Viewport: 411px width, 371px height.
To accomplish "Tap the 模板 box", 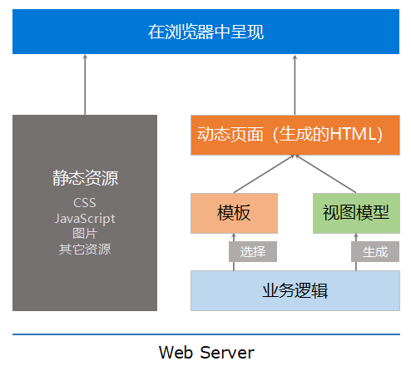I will pyautogui.click(x=235, y=213).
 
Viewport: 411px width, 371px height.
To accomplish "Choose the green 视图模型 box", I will pyautogui.click(x=355, y=213).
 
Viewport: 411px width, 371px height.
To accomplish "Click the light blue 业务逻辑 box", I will pyautogui.click(x=295, y=290).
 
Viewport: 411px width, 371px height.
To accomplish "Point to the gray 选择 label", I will pyautogui.click(x=253, y=252).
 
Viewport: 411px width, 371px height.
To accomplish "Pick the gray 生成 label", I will pyautogui.click(x=375, y=252).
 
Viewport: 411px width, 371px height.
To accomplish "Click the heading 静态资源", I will pyautogui.click(x=85, y=178).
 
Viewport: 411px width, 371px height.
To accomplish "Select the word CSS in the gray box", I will pyautogui.click(x=85, y=203).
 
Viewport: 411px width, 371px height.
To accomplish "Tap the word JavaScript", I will pyautogui.click(x=85, y=218).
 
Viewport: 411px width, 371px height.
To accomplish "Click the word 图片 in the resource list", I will pyautogui.click(x=85, y=233).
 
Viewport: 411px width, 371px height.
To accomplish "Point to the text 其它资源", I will pyautogui.click(x=85, y=248).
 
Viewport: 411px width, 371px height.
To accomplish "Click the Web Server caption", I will pyautogui.click(x=206, y=352).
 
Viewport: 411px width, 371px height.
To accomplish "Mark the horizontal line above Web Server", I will pyautogui.click(x=205, y=334).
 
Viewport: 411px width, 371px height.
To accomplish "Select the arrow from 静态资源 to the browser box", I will pyautogui.click(x=85, y=83).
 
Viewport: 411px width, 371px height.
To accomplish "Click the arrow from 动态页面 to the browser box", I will pyautogui.click(x=295, y=83).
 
